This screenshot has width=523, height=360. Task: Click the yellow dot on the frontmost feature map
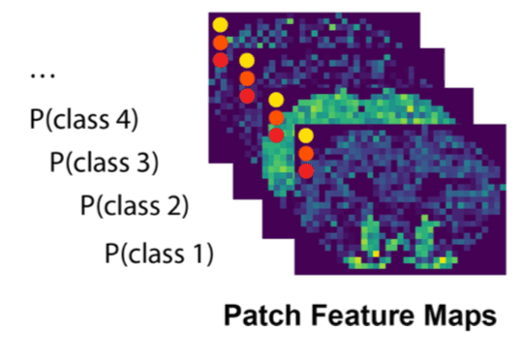click(306, 135)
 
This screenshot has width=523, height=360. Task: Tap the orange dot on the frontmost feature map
click(306, 153)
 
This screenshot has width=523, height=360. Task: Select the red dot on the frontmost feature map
click(306, 170)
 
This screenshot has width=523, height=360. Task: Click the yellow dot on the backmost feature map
click(220, 24)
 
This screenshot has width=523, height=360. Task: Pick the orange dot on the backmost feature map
click(220, 43)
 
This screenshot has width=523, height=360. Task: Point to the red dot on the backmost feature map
click(220, 60)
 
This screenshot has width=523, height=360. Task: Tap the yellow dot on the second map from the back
click(247, 60)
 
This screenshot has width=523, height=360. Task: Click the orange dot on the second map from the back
click(247, 77)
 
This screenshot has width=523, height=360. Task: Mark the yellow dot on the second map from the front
click(276, 100)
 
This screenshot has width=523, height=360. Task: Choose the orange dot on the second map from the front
click(276, 118)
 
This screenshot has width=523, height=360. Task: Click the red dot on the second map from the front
click(276, 135)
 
